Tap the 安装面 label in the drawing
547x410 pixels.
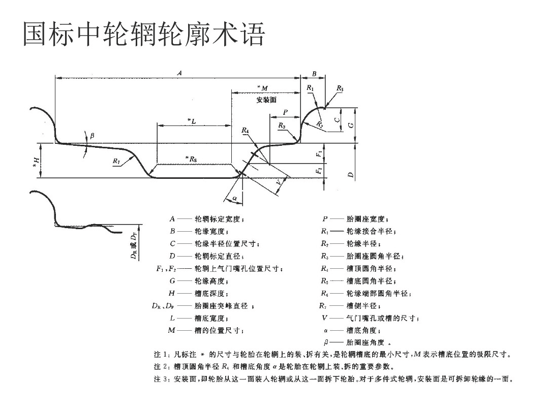(266, 100)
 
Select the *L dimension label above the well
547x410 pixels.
(191, 120)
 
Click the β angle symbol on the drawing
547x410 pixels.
(92, 136)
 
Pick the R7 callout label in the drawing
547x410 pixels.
(116, 161)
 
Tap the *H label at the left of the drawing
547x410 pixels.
(36, 161)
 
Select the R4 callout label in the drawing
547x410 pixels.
(246, 131)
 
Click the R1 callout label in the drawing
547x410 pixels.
(311, 88)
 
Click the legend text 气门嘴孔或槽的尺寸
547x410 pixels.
(382, 318)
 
